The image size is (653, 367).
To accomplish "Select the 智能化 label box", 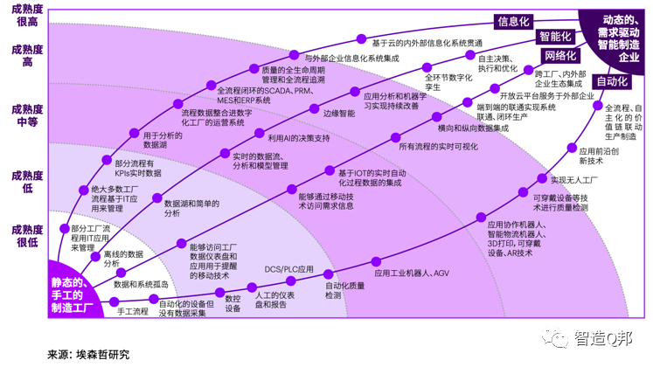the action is point(556,37).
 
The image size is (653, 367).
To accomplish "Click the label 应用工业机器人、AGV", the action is point(411,273).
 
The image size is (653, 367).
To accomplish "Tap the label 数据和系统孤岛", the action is point(141,284).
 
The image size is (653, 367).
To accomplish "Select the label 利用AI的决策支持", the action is point(298,137).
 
